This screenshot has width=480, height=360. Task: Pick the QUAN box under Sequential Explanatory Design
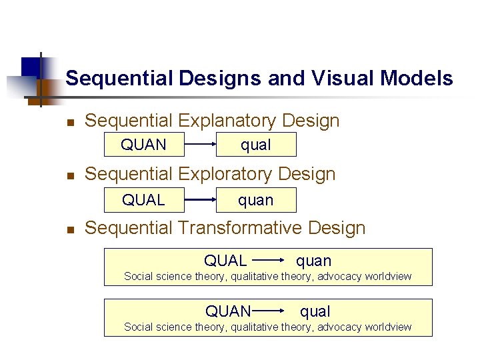(x=143, y=145)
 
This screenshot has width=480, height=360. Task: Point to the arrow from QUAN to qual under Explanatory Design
(x=200, y=145)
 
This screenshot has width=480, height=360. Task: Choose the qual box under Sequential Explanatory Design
(x=256, y=145)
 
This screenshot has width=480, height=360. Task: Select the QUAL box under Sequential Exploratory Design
(x=143, y=199)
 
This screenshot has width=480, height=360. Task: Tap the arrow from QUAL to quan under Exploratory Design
(x=200, y=199)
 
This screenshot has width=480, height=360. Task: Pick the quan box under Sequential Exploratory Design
(x=256, y=199)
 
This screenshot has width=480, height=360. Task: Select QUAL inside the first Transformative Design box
(x=225, y=261)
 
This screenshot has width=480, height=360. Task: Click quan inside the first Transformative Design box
(x=313, y=261)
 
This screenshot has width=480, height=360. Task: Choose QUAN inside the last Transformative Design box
(x=228, y=311)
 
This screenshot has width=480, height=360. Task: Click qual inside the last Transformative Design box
(x=315, y=311)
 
